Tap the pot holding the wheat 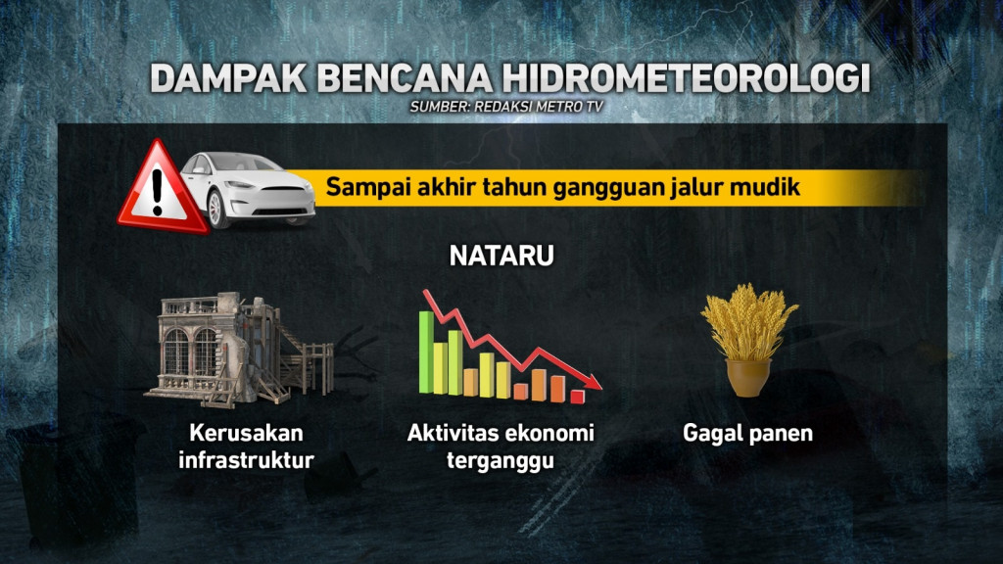pyautogui.click(x=748, y=377)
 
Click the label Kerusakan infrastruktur pyautogui.click(x=246, y=445)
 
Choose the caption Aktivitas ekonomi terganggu pyautogui.click(x=501, y=446)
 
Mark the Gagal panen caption pyautogui.click(x=748, y=432)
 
